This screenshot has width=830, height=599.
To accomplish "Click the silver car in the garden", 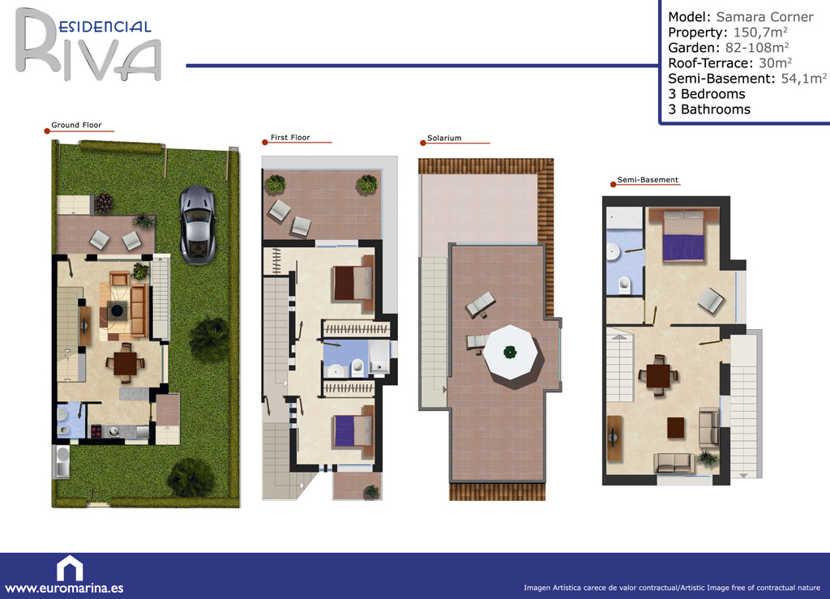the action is [x=198, y=225].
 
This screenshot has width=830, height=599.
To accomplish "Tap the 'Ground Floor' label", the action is [x=76, y=125].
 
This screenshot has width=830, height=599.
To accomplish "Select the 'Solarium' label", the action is [x=444, y=138].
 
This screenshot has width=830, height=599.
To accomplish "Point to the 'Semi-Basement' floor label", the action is [x=648, y=180].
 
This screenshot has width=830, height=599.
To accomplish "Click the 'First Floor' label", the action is [x=290, y=138].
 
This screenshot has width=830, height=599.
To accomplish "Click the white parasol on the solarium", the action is [x=511, y=353].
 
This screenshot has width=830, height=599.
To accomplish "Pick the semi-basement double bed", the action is [x=683, y=235].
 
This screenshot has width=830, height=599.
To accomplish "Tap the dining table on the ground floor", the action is [x=126, y=363].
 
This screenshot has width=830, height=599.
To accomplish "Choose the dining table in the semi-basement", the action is [x=658, y=375].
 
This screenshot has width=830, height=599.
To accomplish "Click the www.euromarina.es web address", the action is [x=64, y=588].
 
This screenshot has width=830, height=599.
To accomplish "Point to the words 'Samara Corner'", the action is [x=764, y=17].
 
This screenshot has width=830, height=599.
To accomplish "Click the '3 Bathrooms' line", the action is [x=709, y=109].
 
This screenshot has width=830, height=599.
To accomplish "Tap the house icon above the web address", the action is [x=70, y=568].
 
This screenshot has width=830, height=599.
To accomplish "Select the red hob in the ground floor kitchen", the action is [x=96, y=431].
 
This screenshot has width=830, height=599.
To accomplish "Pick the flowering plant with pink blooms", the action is [x=103, y=203].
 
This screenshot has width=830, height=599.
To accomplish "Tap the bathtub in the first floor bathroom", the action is [x=379, y=357].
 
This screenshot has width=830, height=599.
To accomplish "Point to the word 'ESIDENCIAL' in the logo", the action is [x=105, y=27].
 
